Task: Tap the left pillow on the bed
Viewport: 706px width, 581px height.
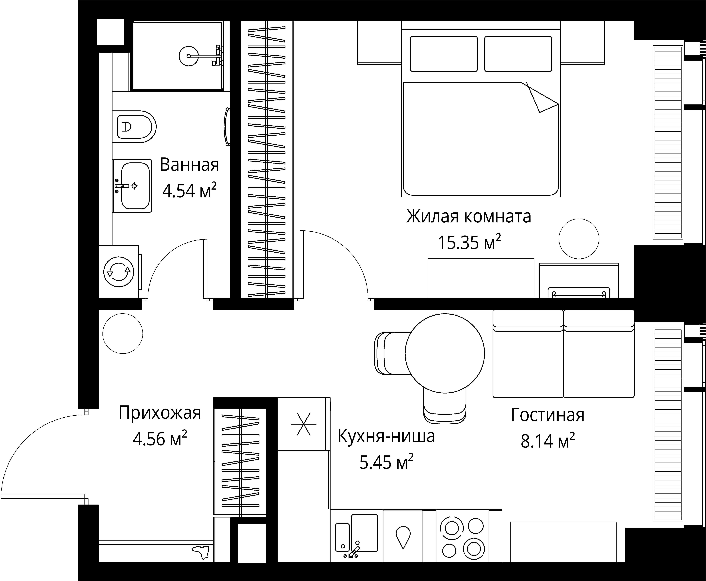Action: point(444,54)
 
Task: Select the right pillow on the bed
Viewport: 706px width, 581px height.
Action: point(517,54)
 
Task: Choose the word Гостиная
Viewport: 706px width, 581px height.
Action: point(548,415)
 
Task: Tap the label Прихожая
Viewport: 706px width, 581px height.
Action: point(160,413)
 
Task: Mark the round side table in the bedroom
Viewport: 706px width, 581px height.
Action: point(579,239)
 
